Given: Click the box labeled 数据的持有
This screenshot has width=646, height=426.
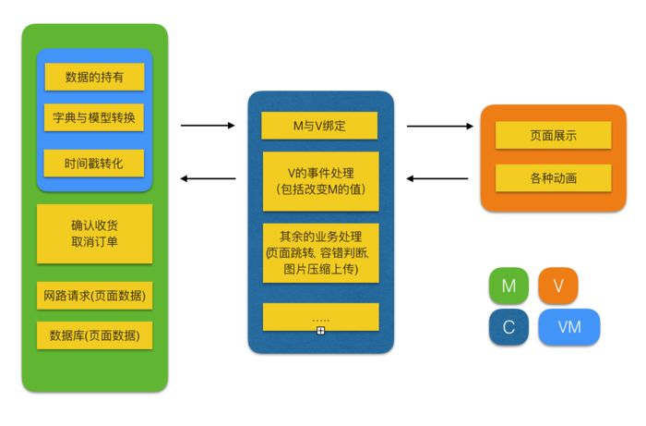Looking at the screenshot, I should point(94,77).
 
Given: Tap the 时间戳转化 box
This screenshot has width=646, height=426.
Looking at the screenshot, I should point(94,164).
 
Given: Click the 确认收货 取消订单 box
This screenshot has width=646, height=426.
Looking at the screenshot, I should point(94,234).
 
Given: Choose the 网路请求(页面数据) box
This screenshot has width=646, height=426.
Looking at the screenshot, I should point(94,297).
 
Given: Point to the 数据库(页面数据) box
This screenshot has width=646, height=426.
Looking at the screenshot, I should point(94,335).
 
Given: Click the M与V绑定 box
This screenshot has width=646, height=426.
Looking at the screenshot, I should point(319,126).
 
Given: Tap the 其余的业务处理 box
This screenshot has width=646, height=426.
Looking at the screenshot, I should point(320,252).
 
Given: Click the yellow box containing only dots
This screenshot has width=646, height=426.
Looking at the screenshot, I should point(320,317).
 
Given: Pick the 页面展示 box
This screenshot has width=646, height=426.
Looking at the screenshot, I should point(553,135).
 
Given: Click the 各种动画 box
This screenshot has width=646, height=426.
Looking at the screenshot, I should point(553,177).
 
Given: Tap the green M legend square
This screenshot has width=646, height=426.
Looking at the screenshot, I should point(508,286).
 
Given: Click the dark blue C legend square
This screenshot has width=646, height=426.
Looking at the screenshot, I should point(508,327).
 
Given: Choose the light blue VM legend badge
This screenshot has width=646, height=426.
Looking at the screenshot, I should point(569,327).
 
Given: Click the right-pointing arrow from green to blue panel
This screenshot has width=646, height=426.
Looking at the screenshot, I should point(208,125).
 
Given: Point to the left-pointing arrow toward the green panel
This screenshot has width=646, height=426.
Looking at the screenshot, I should point(208,178).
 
